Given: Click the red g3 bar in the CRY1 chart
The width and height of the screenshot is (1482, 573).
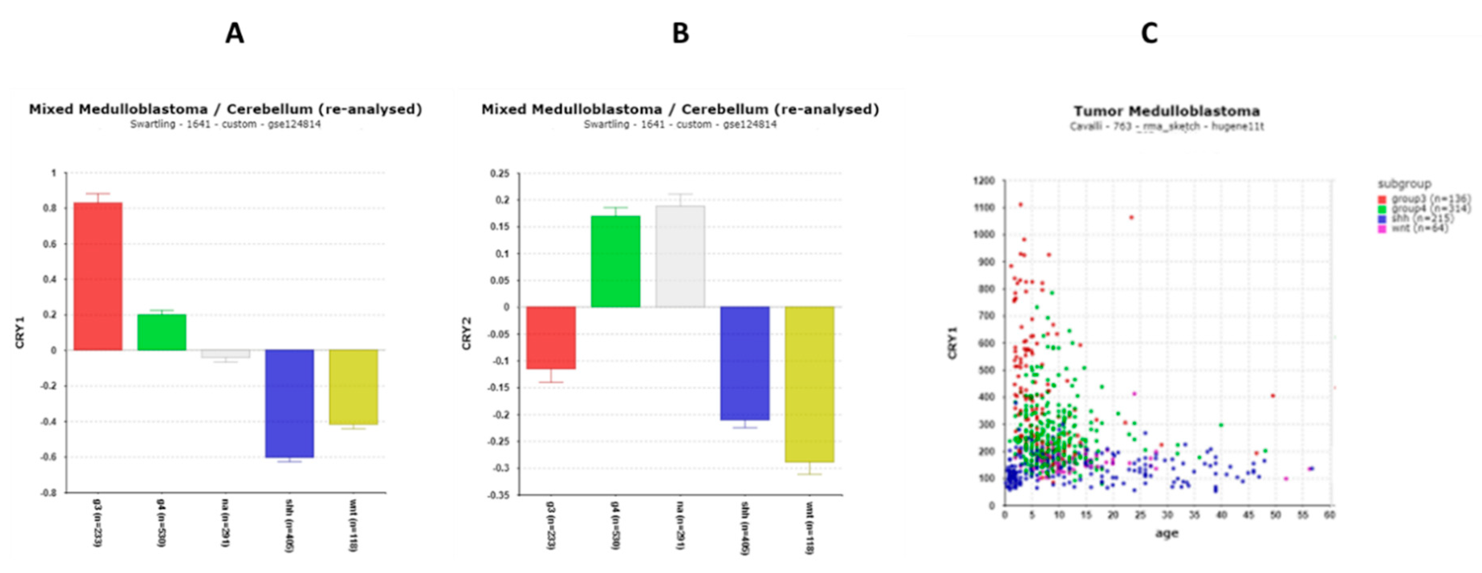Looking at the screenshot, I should (98, 276).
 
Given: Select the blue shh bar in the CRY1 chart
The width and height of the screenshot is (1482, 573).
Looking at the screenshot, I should (289, 403).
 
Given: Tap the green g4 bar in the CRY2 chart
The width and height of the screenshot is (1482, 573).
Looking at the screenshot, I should (615, 262).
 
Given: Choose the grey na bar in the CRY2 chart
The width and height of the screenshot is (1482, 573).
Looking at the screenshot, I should (680, 257).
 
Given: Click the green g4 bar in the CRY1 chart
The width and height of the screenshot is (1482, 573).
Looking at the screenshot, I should (162, 332).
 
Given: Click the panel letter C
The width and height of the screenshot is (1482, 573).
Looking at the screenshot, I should (1149, 33).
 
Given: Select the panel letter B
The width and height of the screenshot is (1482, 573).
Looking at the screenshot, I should (680, 33).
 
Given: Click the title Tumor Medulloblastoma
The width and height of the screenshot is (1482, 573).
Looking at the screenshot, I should (1166, 111).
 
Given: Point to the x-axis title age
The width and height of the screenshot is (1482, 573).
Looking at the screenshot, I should (1167, 533).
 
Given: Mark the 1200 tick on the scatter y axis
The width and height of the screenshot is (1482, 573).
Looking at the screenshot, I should (983, 181).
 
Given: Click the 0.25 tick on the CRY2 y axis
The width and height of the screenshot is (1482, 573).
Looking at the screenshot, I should (499, 173).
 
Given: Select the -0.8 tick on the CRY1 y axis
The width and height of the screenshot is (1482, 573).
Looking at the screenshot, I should (48, 493).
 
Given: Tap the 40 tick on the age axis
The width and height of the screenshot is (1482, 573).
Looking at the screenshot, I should (1221, 515).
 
